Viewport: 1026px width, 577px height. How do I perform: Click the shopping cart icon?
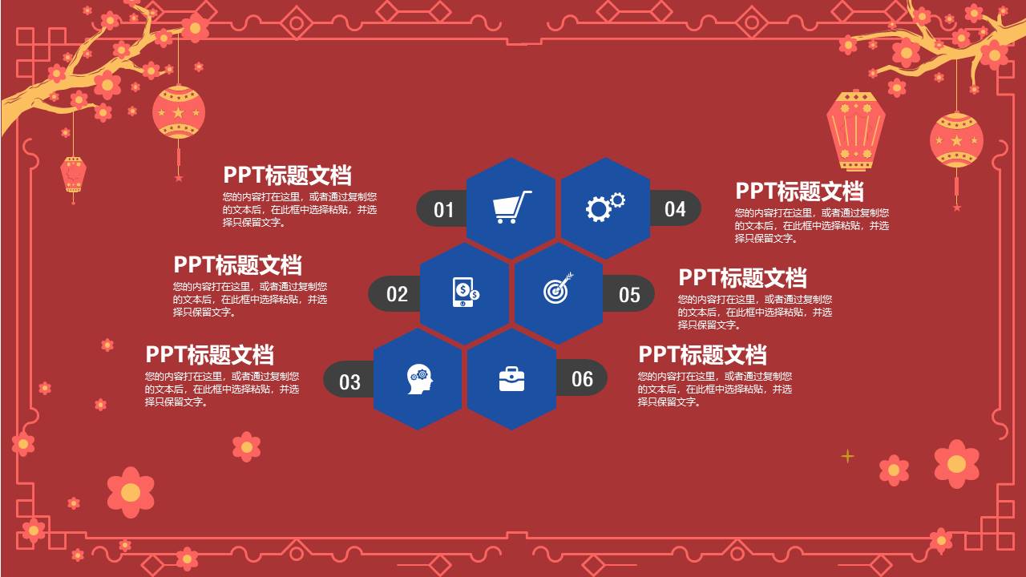(x=511, y=208)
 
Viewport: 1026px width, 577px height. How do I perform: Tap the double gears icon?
(x=605, y=207)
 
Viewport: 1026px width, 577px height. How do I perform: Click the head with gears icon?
(x=418, y=378)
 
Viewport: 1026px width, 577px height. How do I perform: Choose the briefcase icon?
(x=511, y=379)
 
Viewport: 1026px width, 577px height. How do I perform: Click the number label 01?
(x=443, y=210)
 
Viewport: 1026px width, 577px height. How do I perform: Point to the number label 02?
(x=397, y=294)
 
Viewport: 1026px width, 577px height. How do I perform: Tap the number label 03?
(x=349, y=381)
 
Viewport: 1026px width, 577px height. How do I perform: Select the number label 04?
(x=675, y=209)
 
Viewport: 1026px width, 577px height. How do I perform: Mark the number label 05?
(x=629, y=295)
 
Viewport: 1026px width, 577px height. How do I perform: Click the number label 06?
(x=582, y=379)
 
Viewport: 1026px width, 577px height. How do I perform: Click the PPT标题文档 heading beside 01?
(x=287, y=176)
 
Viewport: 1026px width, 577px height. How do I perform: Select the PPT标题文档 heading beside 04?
(x=799, y=192)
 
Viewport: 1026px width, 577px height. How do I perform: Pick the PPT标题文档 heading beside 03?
(x=209, y=354)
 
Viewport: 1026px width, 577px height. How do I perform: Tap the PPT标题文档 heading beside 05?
(x=742, y=278)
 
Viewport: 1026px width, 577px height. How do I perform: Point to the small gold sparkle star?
(x=847, y=456)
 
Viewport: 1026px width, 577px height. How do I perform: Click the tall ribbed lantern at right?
(x=855, y=130)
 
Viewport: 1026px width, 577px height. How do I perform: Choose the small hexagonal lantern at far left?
(x=73, y=175)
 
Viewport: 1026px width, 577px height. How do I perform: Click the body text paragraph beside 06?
(x=714, y=389)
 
